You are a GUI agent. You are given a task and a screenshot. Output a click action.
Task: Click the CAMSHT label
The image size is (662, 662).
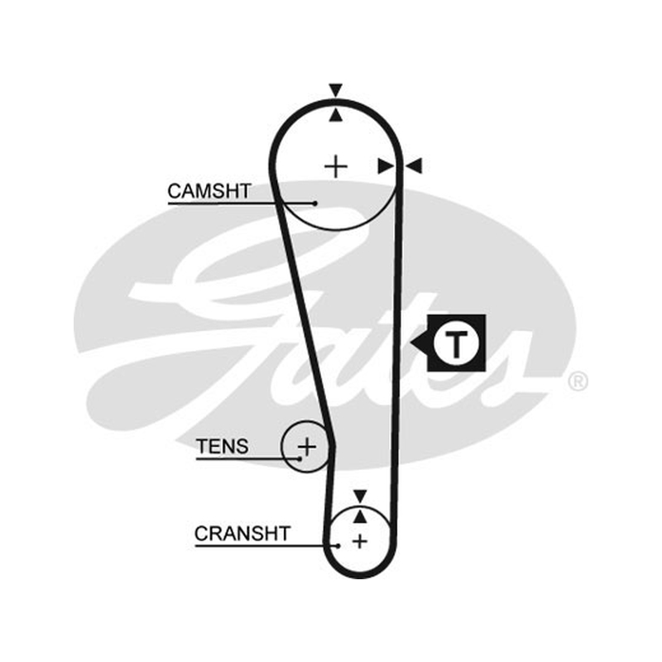point(209,191)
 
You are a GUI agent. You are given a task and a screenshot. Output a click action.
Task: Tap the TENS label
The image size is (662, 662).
point(223,446)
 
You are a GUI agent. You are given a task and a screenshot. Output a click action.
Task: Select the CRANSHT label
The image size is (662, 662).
point(242,534)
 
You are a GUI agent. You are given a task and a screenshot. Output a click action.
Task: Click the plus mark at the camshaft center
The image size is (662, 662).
point(336,166)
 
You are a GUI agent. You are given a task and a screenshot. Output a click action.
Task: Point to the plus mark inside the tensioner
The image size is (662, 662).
point(307,446)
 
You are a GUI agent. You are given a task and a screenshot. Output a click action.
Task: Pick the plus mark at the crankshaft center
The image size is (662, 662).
point(360,541)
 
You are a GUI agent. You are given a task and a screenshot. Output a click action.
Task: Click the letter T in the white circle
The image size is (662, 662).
point(456,343)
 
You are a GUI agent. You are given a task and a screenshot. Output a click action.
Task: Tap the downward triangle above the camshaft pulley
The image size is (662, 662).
point(336,90)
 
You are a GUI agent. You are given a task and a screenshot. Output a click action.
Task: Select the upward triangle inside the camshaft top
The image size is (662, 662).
point(336,115)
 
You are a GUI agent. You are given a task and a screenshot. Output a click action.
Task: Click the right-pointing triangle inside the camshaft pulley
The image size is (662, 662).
point(386,166)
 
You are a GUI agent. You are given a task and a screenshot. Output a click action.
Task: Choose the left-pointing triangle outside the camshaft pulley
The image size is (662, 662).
point(415,166)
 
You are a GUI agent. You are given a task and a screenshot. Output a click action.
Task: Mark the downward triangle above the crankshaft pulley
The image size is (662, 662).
point(360,496)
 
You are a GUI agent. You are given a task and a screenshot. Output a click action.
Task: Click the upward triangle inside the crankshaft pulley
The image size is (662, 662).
point(360,516)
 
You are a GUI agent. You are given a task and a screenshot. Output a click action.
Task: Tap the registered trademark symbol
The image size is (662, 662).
point(578,381)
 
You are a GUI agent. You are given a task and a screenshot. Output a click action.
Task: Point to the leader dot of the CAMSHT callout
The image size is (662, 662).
point(314,204)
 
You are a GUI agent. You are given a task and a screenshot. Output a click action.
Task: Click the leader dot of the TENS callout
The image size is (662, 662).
point(300,458)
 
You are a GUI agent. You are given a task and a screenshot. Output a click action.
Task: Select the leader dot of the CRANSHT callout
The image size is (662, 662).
point(338,546)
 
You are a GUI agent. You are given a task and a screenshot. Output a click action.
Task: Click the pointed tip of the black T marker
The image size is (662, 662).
point(410,343)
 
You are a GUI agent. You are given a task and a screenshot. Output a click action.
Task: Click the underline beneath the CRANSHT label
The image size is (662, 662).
point(266,546)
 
